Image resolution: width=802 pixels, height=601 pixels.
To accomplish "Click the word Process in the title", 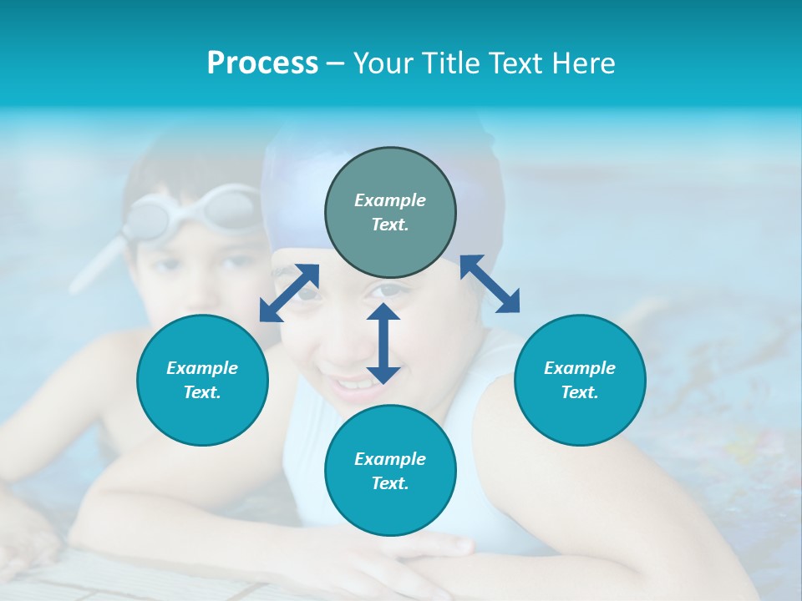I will point(262,63).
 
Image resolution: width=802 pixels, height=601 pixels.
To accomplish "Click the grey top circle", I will point(390,213).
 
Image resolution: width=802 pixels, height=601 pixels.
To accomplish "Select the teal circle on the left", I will point(202,380).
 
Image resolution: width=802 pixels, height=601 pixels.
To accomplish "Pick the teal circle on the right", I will point(580,380).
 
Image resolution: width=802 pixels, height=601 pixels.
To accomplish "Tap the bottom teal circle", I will point(390,471).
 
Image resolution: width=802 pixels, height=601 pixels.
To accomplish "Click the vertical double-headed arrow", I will point(383,343).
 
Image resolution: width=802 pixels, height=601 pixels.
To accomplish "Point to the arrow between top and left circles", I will point(289,292).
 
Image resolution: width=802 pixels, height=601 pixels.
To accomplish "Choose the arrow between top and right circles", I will point(490,284).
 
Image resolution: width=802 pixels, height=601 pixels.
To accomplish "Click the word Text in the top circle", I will point(389,225).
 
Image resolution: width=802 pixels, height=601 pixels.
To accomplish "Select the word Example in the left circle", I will point(202,368).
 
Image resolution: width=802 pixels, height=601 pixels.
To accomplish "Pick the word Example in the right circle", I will point(580,368).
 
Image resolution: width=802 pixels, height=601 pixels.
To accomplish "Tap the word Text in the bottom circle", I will point(389,483).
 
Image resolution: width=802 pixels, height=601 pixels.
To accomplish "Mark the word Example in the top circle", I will point(390,200).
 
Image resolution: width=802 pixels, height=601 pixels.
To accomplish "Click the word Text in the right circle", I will point(580,392).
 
